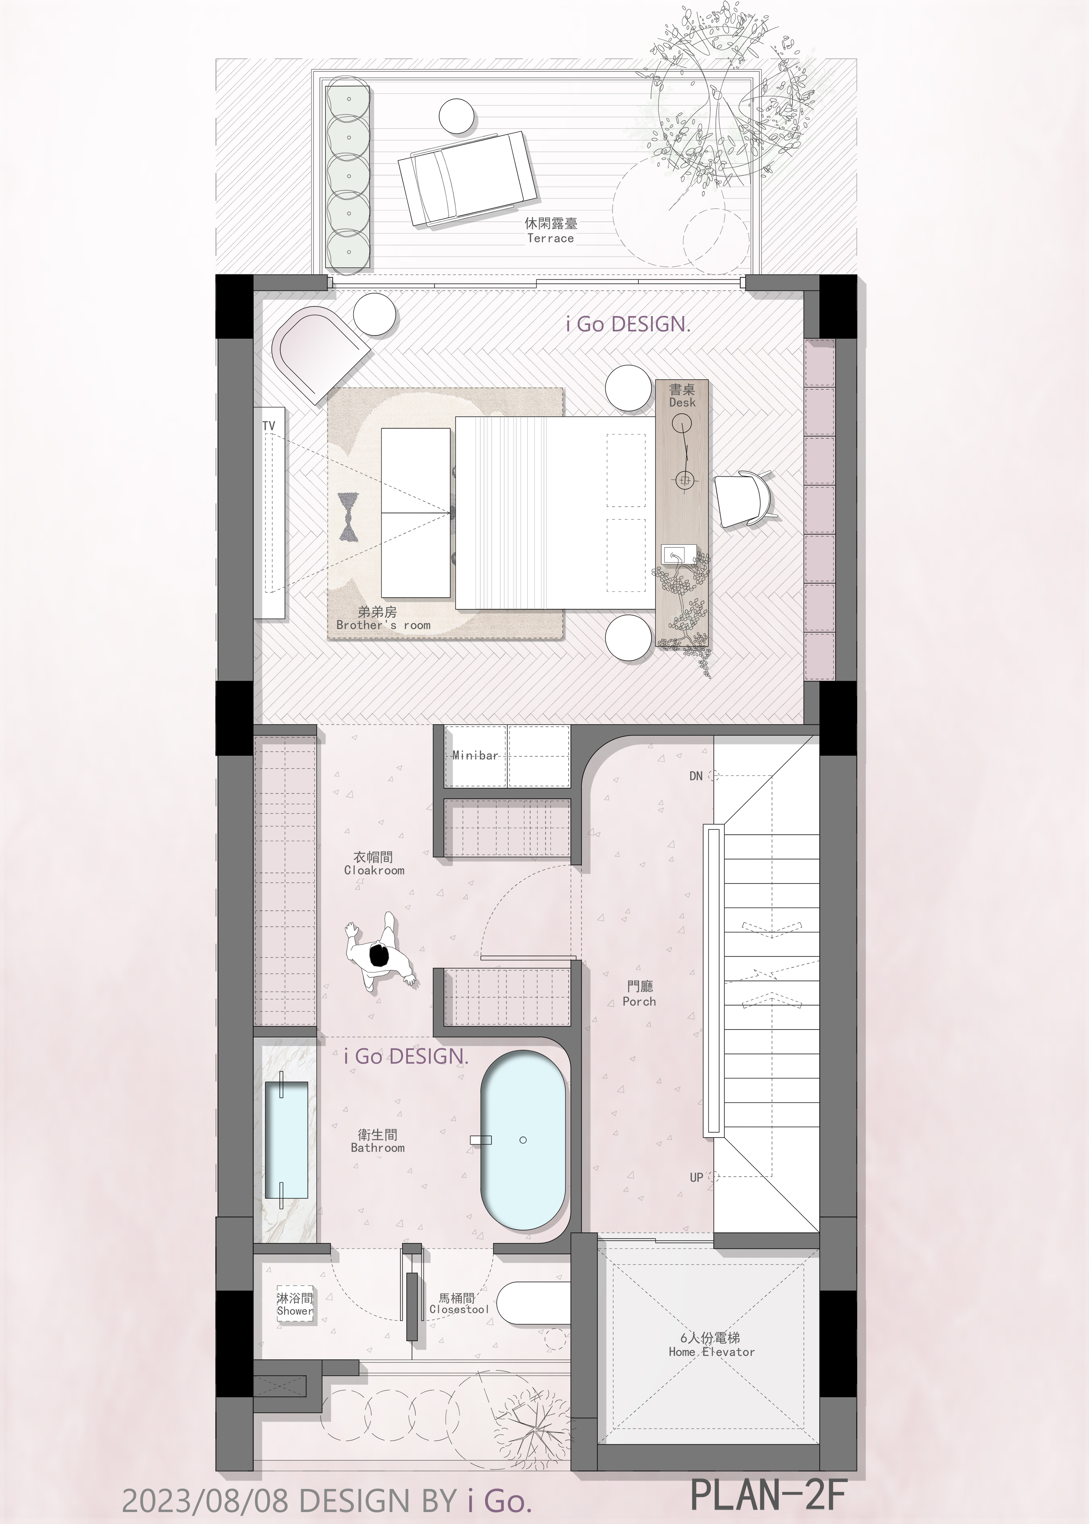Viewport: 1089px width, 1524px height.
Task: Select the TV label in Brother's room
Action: pyautogui.click(x=268, y=426)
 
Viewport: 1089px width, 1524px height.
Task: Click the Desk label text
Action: pyautogui.click(x=682, y=402)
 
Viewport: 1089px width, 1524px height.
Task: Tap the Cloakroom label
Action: pyautogui.click(x=374, y=870)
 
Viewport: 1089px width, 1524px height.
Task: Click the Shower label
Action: pyautogui.click(x=295, y=1311)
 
